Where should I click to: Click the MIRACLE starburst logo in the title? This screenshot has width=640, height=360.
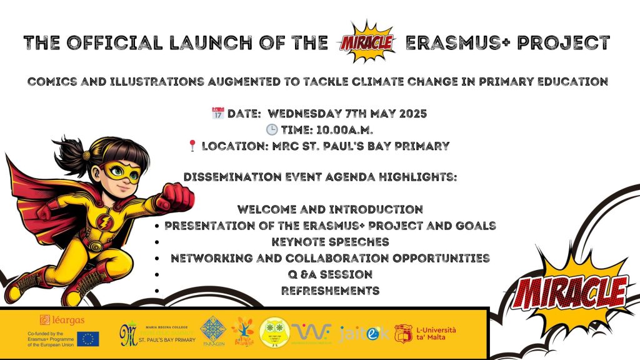pyautogui.click(x=365, y=41)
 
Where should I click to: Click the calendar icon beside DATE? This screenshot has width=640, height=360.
pyautogui.click(x=218, y=114)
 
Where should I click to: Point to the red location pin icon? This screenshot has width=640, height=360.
pyautogui.click(x=192, y=146)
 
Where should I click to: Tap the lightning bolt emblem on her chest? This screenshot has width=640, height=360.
pyautogui.click(x=102, y=221)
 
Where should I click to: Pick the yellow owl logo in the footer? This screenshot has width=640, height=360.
pyautogui.click(x=274, y=332)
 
